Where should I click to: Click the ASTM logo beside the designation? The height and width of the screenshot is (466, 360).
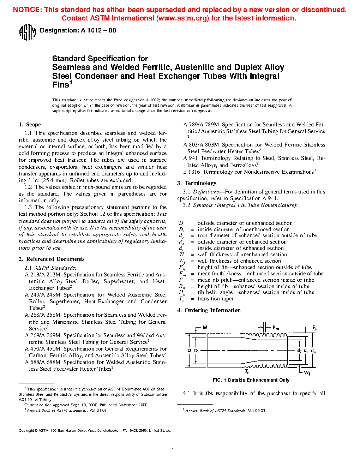[x=27, y=32]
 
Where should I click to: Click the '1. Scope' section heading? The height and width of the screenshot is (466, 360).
[x=30, y=125]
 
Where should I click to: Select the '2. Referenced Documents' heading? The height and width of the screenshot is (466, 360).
[x=52, y=259]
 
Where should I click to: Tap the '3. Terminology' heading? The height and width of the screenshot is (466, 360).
[x=197, y=183]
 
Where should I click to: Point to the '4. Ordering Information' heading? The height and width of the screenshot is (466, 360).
[x=209, y=310]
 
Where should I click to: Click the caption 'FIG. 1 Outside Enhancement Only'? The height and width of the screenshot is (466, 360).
[x=251, y=380]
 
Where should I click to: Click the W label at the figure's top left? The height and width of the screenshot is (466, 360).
[x=205, y=328]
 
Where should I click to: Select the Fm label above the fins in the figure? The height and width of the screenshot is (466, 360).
[x=276, y=328]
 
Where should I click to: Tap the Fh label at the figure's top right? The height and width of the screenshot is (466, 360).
[x=314, y=328]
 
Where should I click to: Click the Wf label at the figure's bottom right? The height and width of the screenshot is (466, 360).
[x=307, y=373]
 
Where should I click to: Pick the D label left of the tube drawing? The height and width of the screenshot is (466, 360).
[x=189, y=351]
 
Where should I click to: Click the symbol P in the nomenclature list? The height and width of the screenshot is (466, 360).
[x=181, y=280]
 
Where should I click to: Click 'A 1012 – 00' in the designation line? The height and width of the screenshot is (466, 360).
[x=98, y=31]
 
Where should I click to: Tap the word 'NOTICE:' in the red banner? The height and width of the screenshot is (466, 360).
[x=27, y=10]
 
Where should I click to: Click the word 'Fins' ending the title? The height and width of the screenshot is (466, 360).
[x=61, y=85]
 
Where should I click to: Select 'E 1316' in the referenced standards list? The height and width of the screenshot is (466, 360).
[x=192, y=172]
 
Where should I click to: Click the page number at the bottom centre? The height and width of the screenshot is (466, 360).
[x=172, y=447]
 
